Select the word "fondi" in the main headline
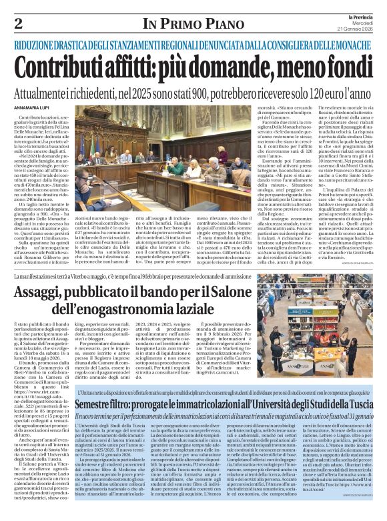pos(344,65)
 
